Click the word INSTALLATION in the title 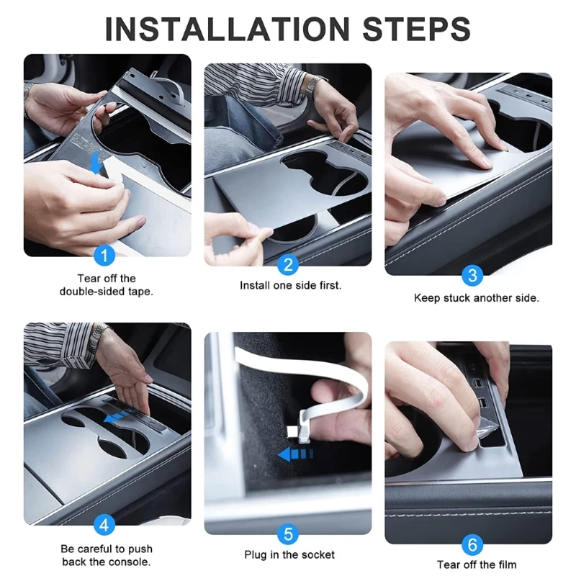click(x=227, y=29)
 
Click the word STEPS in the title click(x=417, y=29)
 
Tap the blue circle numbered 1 click(x=104, y=256)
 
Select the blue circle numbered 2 click(x=289, y=264)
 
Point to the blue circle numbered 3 click(x=472, y=275)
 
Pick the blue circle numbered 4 click(x=104, y=525)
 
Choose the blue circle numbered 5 click(x=289, y=534)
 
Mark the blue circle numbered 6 click(x=472, y=544)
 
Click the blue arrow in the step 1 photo click(x=96, y=163)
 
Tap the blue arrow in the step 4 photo click(x=117, y=416)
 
